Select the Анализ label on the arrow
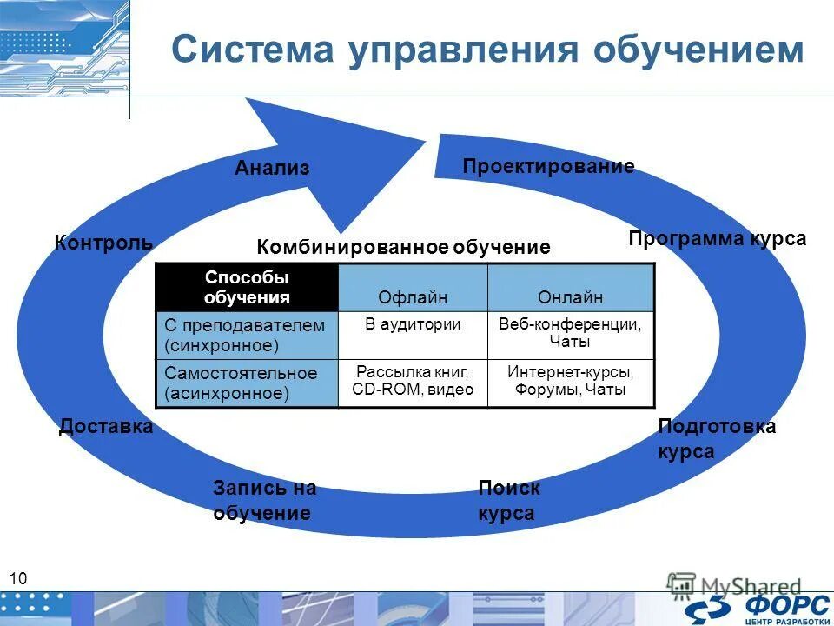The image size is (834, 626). (x=272, y=168)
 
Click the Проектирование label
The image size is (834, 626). (x=548, y=166)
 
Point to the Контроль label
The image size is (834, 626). (x=103, y=243)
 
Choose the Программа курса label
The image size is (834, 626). (x=718, y=238)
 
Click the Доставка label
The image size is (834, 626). (x=106, y=426)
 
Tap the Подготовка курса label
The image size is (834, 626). (x=716, y=439)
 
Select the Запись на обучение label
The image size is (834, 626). (x=263, y=501)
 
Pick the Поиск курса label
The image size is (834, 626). (x=508, y=501)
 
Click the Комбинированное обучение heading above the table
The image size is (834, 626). (x=403, y=247)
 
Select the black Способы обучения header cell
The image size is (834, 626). (x=247, y=288)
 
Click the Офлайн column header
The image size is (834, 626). (x=413, y=297)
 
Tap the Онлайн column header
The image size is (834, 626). (x=570, y=297)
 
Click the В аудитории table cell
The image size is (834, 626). (x=413, y=324)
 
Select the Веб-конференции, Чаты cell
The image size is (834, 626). (x=570, y=333)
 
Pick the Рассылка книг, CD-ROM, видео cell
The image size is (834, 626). (x=413, y=381)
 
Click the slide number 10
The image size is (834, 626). (x=19, y=579)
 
